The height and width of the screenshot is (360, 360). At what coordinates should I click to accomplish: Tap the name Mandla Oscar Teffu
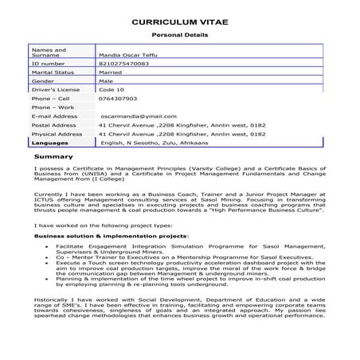tap(126, 53)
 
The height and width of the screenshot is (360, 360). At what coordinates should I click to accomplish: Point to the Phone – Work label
tap(53, 107)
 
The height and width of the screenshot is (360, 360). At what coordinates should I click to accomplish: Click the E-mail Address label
tap(55, 116)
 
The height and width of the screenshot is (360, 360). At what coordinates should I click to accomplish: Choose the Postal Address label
tap(54, 125)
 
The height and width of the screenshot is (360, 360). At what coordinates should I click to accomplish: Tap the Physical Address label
tap(57, 134)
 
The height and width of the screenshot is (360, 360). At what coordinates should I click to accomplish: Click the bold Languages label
tap(50, 143)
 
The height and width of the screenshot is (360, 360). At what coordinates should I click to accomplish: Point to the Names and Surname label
tap(49, 53)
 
